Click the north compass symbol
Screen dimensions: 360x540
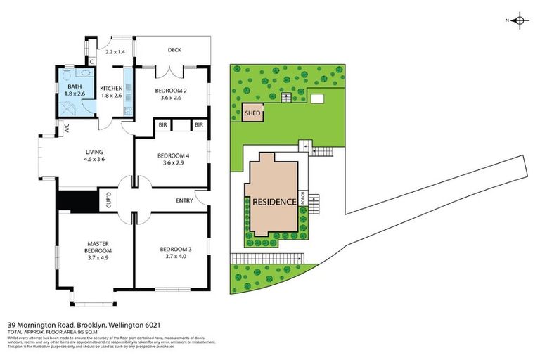click(519, 20)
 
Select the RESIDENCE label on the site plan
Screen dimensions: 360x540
click(274, 202)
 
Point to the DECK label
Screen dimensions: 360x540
click(175, 50)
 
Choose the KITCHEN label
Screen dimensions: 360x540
click(112, 88)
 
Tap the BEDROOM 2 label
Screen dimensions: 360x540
click(172, 91)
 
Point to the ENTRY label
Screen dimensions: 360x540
click(184, 201)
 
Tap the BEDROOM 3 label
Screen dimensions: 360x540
click(172, 249)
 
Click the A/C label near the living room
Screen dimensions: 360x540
click(67, 129)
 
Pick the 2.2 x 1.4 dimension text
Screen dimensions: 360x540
click(114, 53)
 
